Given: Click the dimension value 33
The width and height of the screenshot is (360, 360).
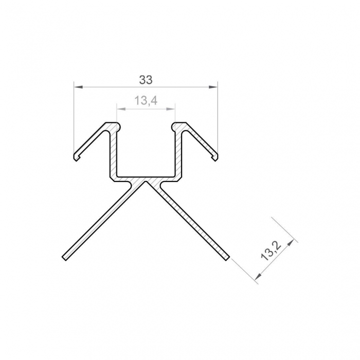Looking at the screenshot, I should click(146, 80).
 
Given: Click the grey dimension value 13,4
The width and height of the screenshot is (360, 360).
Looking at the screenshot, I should click(146, 101).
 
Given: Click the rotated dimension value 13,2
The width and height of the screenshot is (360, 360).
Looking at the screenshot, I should click(270, 253).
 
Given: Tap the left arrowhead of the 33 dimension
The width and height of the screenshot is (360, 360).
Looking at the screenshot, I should click(77, 87).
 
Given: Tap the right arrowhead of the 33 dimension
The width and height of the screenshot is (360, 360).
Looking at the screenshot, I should click(214, 87).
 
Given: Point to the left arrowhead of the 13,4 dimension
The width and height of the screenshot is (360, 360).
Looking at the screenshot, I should click(120, 109).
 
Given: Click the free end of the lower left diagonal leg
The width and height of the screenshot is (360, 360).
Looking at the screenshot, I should click(64, 257).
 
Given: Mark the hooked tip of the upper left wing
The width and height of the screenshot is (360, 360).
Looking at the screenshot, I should click(76, 156).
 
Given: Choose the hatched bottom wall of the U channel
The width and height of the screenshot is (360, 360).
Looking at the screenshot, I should click(146, 176).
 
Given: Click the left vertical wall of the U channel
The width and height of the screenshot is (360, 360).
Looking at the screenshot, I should click(115, 152).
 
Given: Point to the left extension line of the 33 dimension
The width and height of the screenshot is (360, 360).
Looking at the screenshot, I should click(74, 118).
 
